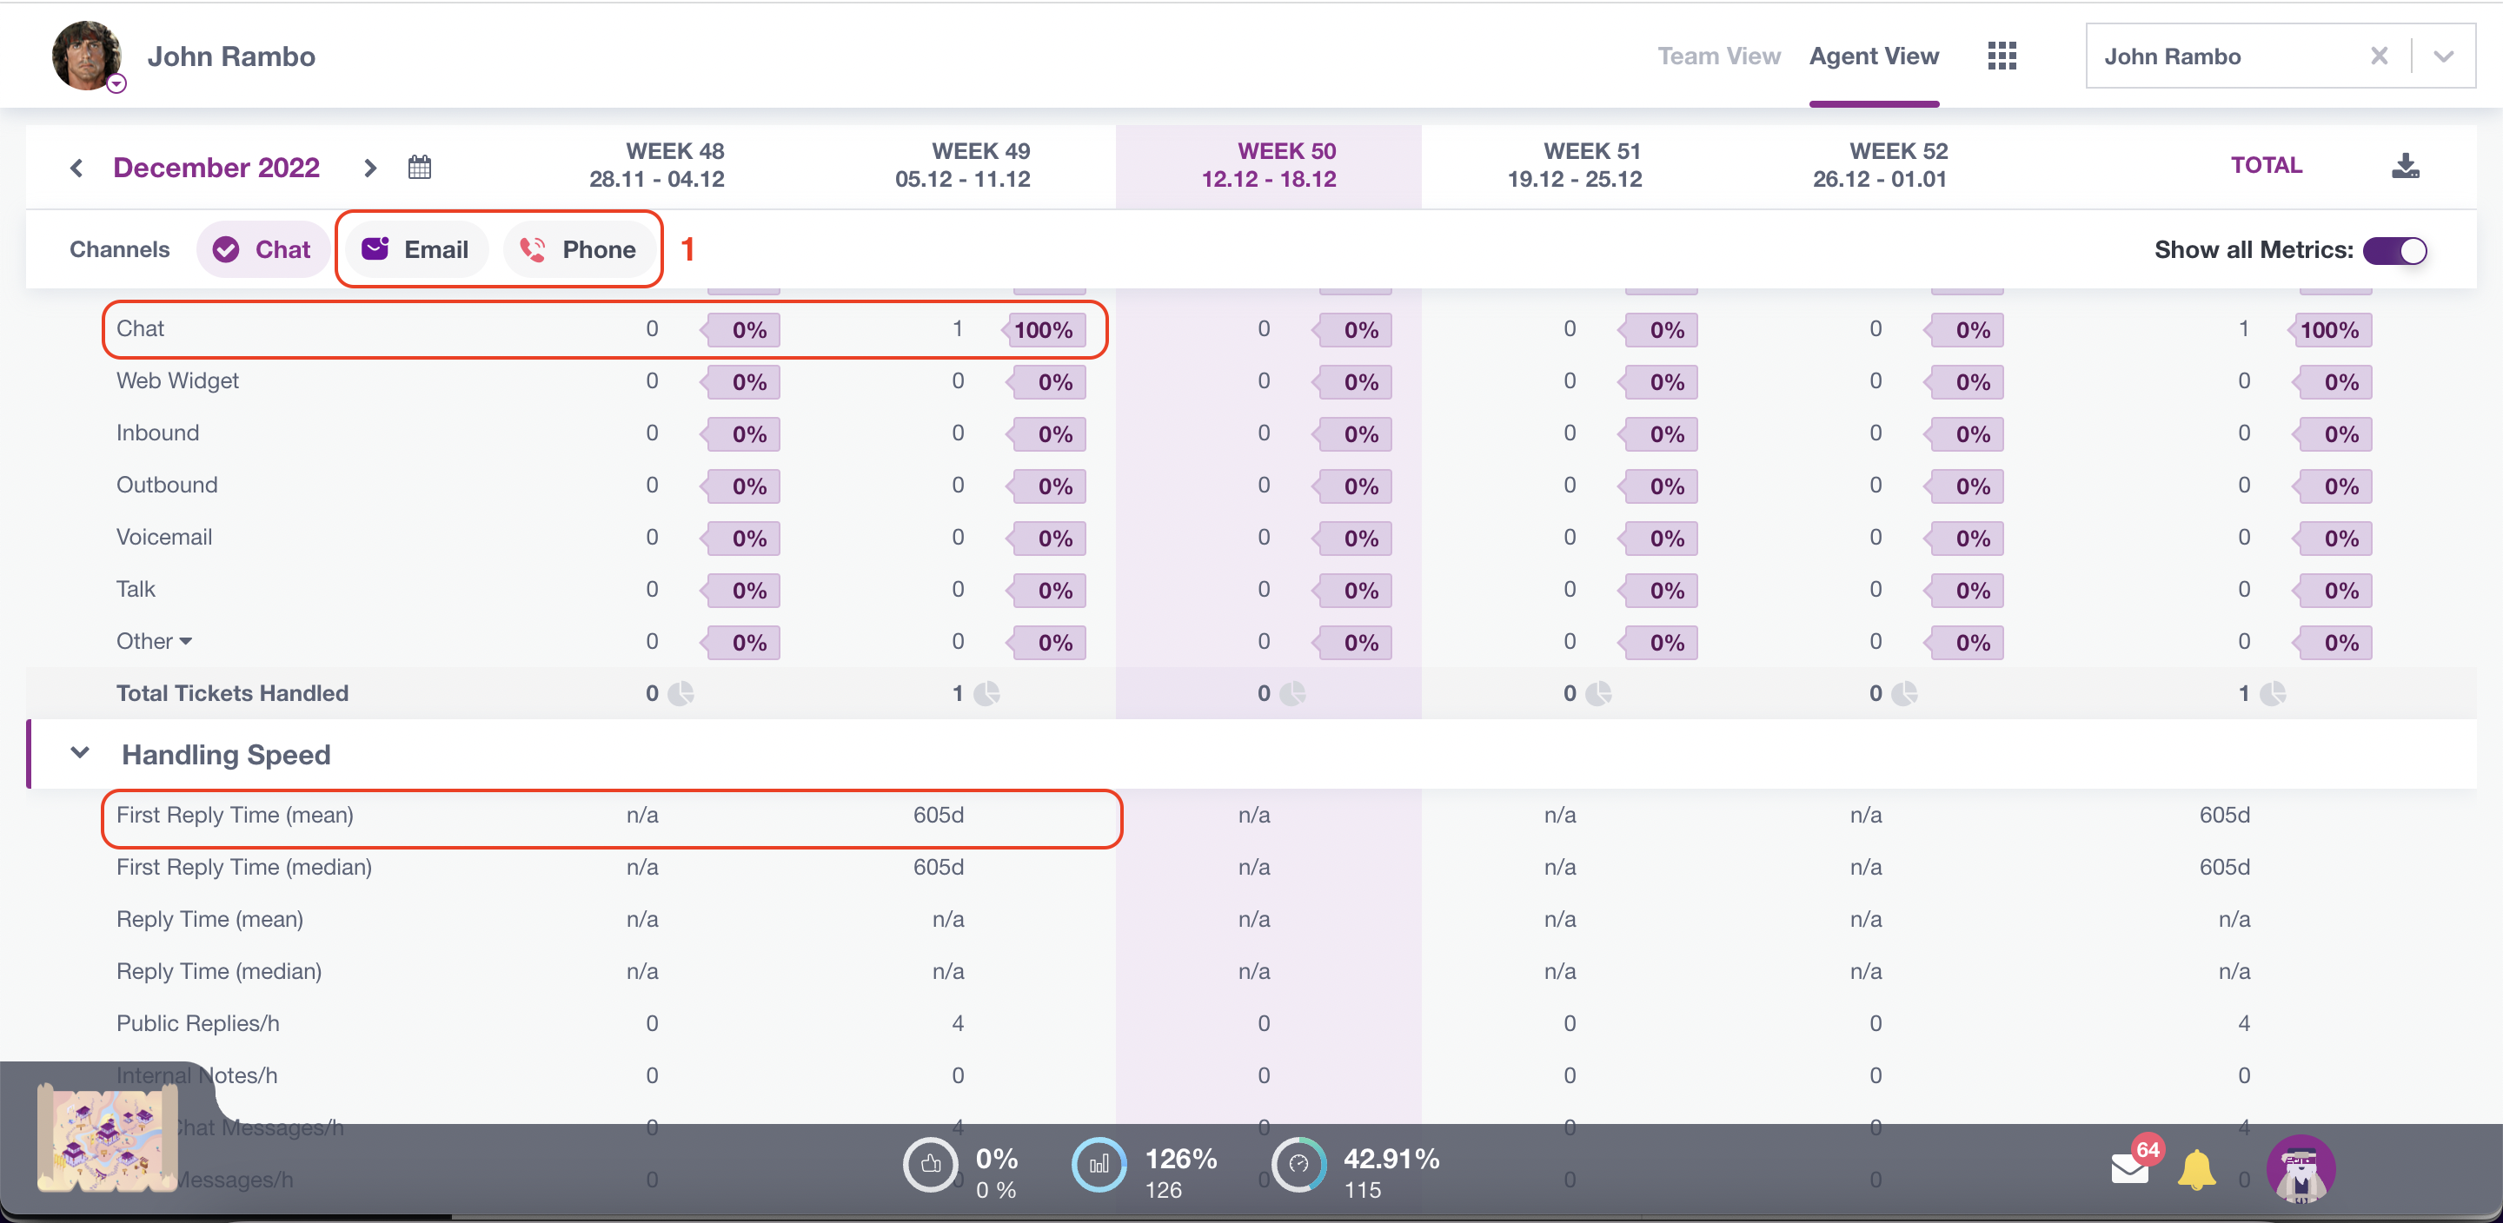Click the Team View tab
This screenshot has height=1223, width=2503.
[1718, 56]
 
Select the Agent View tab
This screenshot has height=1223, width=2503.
[1874, 56]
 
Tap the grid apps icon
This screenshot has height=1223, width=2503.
[2002, 56]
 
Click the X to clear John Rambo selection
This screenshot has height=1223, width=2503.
[2379, 56]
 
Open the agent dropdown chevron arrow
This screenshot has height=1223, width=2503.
[2443, 56]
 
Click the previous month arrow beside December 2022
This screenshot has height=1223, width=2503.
[76, 168]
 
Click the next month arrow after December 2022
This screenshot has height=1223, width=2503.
[369, 168]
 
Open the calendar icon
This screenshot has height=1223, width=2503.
[420, 167]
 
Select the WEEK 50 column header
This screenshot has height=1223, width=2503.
[1268, 165]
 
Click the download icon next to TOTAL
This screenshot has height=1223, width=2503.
[2405, 165]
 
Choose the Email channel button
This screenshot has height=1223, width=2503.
[416, 249]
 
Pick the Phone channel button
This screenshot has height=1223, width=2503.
[578, 249]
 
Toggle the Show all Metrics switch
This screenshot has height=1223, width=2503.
[2394, 251]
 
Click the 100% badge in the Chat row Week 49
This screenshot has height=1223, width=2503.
[1043, 330]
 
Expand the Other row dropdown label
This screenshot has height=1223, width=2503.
[155, 641]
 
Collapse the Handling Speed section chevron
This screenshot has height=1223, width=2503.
[81, 753]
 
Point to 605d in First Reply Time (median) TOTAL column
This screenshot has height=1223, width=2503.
[2224, 867]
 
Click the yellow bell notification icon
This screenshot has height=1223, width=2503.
[2196, 1168]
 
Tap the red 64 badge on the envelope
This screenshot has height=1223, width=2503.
[2148, 1150]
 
